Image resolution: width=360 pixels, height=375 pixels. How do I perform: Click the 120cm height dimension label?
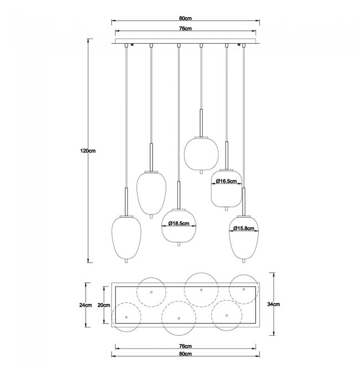pos(88,151)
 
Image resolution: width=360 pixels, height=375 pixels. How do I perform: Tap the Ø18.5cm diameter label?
pos(179,223)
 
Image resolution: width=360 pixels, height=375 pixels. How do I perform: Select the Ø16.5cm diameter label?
pos(226,181)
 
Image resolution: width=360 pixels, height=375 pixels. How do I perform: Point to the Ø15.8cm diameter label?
pos(244,228)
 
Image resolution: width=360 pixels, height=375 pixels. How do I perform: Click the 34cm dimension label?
pos(274,304)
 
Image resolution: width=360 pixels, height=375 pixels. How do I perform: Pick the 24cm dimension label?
pos(86,305)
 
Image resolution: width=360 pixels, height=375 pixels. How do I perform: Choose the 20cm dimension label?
pos(104,305)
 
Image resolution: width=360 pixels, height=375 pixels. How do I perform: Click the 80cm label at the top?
pos(186,18)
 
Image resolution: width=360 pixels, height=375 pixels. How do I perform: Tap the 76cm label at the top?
pos(186,28)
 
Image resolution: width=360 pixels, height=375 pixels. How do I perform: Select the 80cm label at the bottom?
pos(186,354)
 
